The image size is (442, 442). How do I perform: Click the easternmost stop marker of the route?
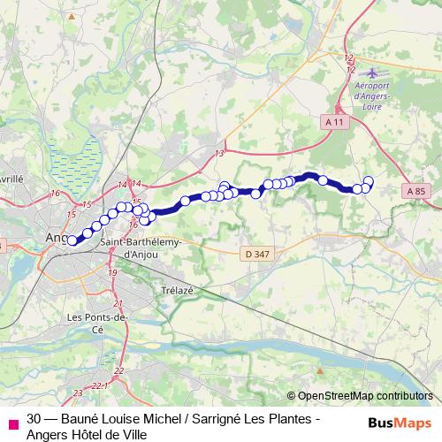(x=369, y=182)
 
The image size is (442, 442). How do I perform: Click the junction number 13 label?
(x=218, y=154)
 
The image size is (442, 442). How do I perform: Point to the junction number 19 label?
(x=112, y=273)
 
